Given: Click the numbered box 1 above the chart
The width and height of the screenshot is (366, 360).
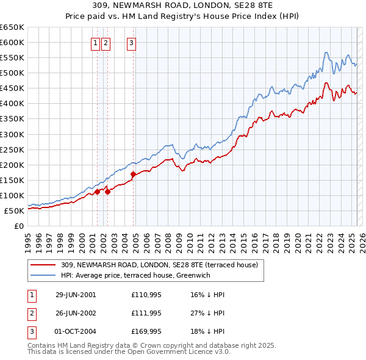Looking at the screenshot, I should click(x=96, y=43).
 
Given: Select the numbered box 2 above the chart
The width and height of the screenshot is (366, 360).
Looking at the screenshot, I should click(x=106, y=43).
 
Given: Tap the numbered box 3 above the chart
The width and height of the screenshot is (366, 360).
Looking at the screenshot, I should click(x=132, y=43).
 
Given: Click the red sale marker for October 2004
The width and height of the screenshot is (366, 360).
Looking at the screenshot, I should click(x=133, y=175).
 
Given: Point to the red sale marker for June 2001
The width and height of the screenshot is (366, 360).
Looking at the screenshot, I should click(x=97, y=192).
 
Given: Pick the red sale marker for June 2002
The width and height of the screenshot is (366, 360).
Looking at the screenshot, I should click(x=107, y=192).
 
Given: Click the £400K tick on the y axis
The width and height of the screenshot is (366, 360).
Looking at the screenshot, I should click(x=12, y=104).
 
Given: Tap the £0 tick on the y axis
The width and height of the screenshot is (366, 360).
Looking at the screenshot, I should click(x=18, y=226).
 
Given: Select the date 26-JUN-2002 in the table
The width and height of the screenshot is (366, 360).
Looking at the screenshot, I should click(x=76, y=312).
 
